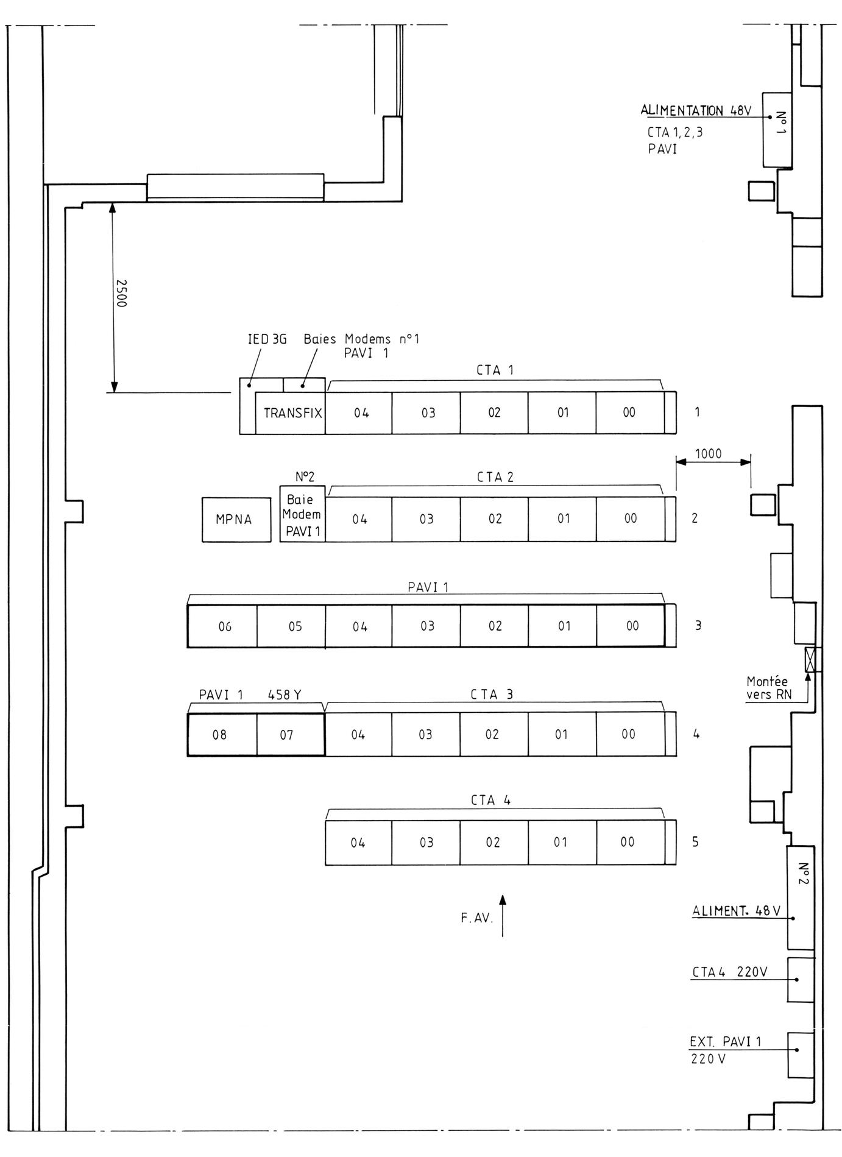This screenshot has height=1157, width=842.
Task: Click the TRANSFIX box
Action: [x=290, y=412]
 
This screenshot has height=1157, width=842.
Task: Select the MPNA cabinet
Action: [x=236, y=519]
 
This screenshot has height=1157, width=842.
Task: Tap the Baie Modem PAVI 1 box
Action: [x=303, y=514]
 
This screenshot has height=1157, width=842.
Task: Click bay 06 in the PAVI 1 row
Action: [x=222, y=626]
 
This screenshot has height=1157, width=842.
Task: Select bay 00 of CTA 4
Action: [x=630, y=843]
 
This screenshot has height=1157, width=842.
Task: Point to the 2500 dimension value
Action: [x=121, y=293]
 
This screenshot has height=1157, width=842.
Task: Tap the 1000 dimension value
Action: [x=708, y=454]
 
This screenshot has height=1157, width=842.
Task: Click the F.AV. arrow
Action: [x=502, y=915]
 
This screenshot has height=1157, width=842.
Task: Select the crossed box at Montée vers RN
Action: [x=810, y=659]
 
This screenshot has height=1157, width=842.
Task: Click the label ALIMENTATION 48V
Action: [x=696, y=111]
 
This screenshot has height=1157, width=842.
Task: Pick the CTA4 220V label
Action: [x=729, y=972]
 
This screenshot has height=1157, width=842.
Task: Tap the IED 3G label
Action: [x=267, y=339]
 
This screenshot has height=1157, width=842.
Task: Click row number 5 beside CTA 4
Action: [x=695, y=842]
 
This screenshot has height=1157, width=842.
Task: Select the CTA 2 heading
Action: [x=495, y=477]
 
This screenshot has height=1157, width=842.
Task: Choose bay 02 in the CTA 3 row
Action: [x=494, y=735]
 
